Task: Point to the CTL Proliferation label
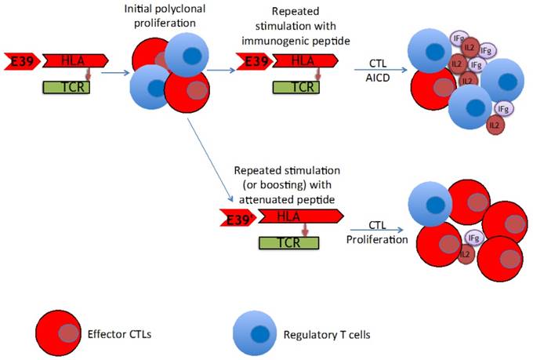[377, 233]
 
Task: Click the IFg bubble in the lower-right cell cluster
[472, 237]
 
